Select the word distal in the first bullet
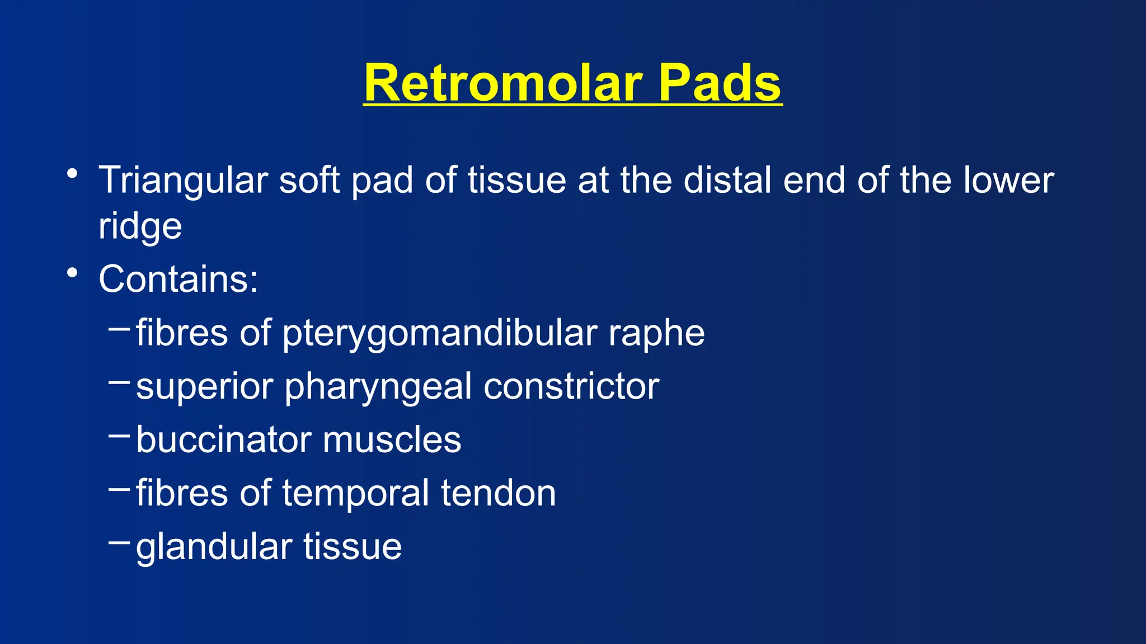coord(727,180)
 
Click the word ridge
coord(140,227)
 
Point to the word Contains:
coord(178,278)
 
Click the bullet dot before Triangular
coord(72,174)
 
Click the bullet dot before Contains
coord(72,273)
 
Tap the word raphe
coord(656,334)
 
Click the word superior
coord(204,387)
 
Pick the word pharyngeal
coord(378,387)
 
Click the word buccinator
coord(223,439)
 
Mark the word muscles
coord(392,439)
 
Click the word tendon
coord(498,493)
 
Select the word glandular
coord(214,547)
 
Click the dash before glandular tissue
coord(119,542)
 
